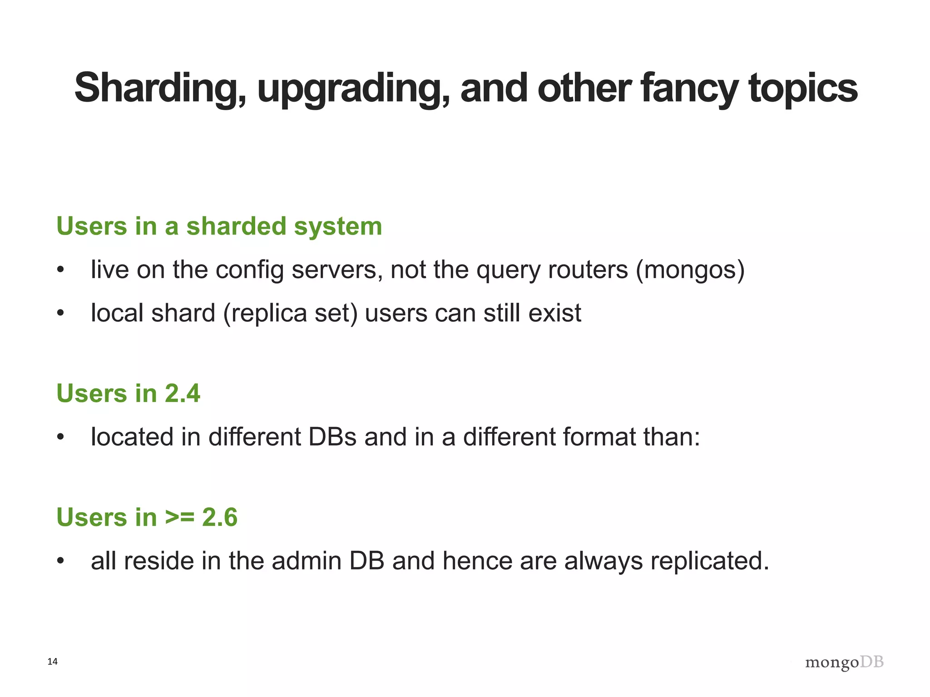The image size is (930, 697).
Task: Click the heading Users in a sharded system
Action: point(219,226)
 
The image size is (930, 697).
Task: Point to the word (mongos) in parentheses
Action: point(690,270)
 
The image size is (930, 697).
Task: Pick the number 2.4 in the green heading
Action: point(182,393)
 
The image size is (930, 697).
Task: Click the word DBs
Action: point(332,437)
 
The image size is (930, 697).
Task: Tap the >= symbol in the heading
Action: point(179,517)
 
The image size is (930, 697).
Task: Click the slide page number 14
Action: point(53,662)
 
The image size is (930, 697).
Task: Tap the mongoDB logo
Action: point(844,663)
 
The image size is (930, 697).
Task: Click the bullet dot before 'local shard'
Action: point(61,314)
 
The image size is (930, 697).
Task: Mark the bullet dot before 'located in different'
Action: point(61,437)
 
